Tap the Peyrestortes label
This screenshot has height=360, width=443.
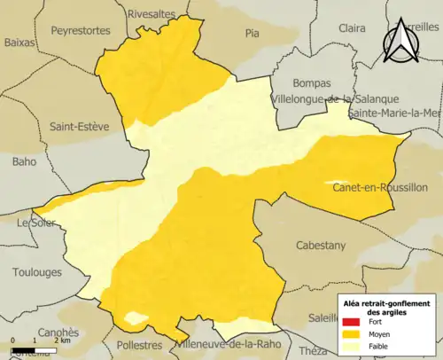(81, 30)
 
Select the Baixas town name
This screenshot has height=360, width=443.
(19, 41)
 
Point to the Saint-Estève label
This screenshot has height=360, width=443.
(79, 127)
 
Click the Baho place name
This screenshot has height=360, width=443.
(24, 161)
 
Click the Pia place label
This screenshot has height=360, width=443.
(253, 35)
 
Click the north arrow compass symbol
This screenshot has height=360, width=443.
(400, 40)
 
